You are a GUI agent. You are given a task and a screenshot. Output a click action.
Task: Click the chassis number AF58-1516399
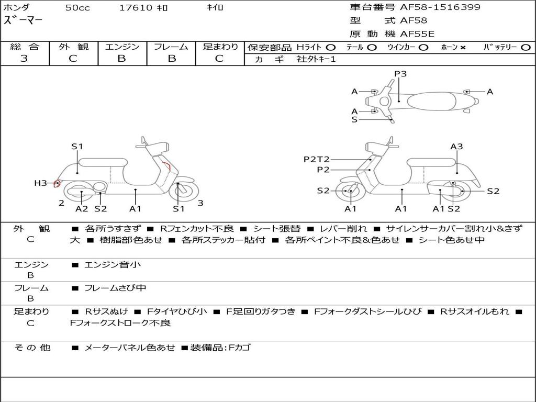440,7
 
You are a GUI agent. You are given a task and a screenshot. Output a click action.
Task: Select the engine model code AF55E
417,34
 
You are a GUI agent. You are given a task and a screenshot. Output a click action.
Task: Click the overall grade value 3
24,58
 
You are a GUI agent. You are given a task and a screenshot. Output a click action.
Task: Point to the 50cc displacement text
77,7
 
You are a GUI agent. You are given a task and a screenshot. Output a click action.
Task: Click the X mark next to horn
463,48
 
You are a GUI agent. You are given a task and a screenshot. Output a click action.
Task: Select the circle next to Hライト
331,47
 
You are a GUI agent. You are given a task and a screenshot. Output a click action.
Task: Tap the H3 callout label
40,183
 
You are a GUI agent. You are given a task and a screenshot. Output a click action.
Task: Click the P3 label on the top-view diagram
400,73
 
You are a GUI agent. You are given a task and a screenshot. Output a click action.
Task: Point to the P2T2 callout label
317,159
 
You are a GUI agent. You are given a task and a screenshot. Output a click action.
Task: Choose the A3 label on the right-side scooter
456,147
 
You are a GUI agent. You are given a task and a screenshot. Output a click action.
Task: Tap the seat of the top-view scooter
431,101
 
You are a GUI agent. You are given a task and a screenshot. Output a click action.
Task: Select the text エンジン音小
113,264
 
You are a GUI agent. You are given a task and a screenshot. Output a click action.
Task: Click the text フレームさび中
115,288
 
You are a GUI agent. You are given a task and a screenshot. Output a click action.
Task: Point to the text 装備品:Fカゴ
220,348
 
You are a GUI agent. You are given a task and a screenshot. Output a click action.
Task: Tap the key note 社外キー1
316,59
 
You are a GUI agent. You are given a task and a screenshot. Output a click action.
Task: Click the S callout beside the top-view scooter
354,120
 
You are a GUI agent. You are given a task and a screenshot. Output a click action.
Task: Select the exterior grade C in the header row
73,59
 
